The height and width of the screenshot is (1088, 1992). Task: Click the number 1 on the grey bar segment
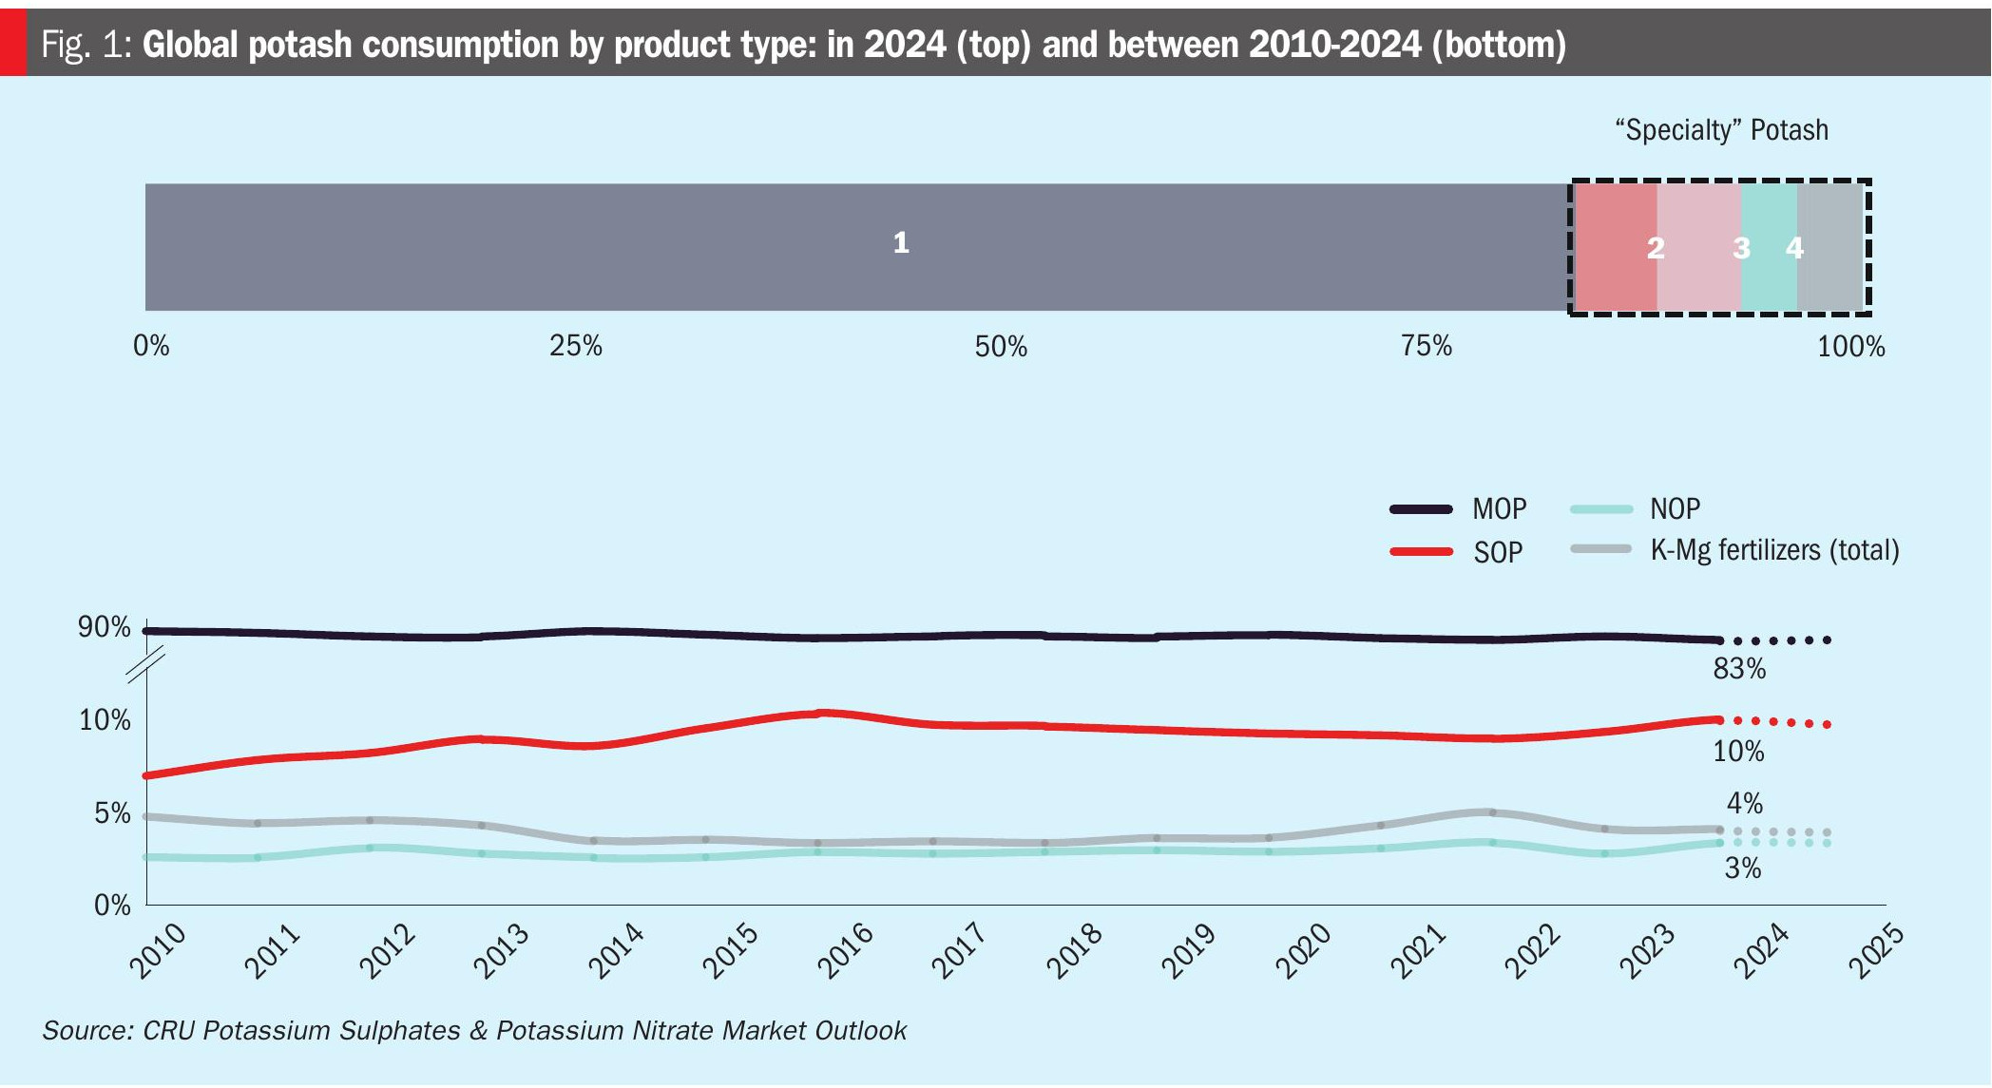[901, 243]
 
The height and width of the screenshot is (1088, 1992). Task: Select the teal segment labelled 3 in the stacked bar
[1768, 247]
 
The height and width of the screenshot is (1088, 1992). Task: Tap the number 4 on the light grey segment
[1794, 248]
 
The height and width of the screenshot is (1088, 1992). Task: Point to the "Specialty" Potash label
[1721, 130]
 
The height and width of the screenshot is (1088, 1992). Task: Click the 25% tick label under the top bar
[575, 346]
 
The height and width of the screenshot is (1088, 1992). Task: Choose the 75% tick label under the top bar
[1426, 346]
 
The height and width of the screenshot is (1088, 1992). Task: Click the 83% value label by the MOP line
[1739, 669]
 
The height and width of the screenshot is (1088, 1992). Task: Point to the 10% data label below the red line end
[1738, 752]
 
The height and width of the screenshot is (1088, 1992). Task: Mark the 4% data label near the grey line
[1745, 804]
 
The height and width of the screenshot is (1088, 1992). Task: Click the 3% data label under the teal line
[1743, 868]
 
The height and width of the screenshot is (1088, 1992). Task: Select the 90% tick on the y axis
[105, 627]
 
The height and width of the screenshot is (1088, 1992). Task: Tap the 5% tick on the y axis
[112, 813]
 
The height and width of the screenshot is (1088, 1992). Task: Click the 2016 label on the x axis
[846, 950]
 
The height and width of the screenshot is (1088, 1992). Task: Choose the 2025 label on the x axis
[1876, 950]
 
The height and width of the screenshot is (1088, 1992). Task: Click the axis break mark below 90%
[145, 664]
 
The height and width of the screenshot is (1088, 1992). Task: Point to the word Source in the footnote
[86, 1031]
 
